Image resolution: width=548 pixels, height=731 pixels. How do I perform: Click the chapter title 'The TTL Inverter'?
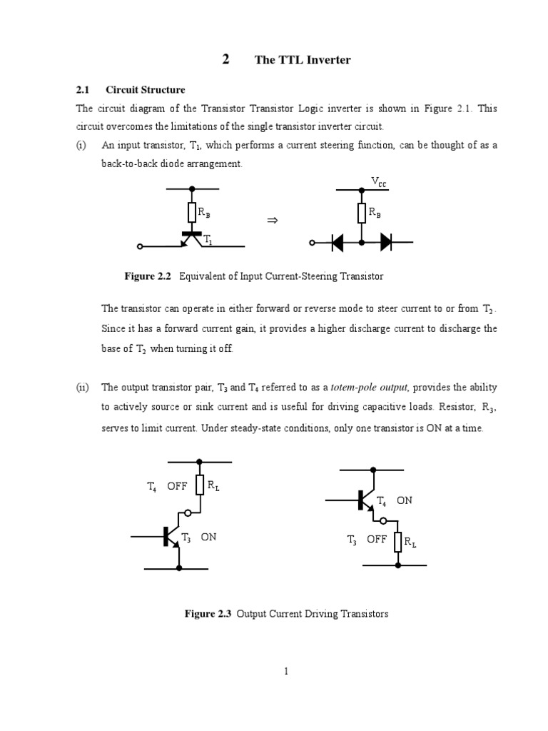click(303, 60)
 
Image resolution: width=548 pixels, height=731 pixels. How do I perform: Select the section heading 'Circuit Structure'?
click(145, 90)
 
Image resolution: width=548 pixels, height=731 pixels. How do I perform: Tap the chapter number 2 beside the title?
click(225, 60)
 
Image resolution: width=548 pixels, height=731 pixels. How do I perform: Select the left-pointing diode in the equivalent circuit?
click(338, 243)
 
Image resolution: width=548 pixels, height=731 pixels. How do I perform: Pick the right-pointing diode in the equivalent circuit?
click(385, 243)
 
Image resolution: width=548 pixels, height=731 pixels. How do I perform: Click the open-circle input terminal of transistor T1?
click(140, 246)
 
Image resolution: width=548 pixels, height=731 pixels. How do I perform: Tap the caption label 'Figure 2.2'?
click(149, 276)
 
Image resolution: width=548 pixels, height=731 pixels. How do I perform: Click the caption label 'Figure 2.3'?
click(209, 613)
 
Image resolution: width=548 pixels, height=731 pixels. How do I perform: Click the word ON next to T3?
click(208, 537)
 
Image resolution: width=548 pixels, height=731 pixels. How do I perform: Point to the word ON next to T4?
click(405, 500)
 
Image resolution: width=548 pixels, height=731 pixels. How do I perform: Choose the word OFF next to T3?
click(376, 540)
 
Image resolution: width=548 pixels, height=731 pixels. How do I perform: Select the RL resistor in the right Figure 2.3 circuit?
click(398, 542)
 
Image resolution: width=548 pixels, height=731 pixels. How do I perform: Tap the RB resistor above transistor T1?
click(191, 212)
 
